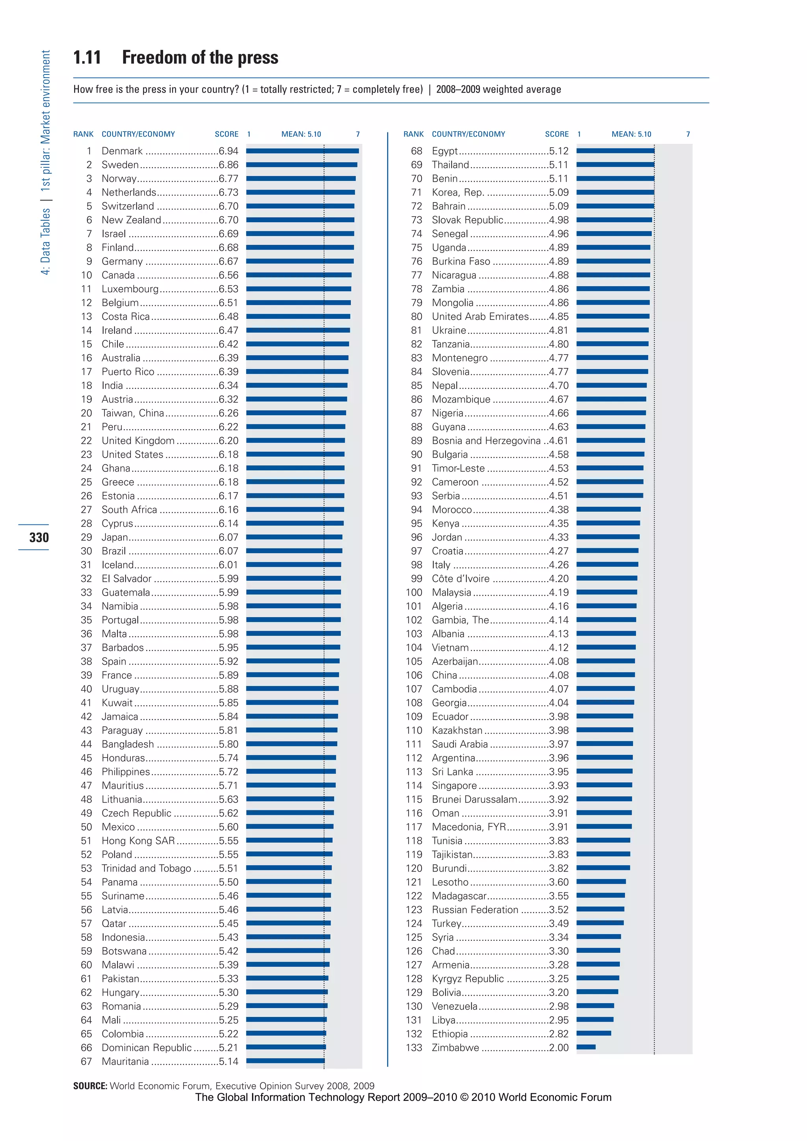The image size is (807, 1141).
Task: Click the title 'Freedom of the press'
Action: pos(200,58)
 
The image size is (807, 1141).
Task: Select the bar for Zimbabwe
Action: pos(586,1047)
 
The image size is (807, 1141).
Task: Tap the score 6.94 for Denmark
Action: pos(229,151)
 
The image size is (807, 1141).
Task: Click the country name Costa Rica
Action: pos(125,316)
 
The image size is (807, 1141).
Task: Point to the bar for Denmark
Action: pos(302,151)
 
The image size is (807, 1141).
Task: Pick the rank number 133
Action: pos(413,1048)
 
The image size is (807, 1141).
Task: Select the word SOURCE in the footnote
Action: pos(90,1086)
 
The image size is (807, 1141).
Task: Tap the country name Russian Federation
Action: pos(474,909)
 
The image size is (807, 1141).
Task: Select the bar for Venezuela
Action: pos(595,1005)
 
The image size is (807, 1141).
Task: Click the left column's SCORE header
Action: pos(227,134)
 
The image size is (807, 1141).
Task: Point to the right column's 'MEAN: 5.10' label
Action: pos(631,134)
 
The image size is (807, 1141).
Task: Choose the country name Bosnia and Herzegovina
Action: pos(485,441)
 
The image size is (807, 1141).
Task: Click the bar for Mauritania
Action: pos(285,1061)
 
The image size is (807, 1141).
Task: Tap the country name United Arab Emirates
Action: pos(480,316)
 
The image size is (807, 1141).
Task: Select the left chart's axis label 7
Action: pos(358,134)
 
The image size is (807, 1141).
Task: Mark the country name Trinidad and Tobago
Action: pos(146,868)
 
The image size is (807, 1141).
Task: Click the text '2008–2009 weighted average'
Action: pos(498,89)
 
